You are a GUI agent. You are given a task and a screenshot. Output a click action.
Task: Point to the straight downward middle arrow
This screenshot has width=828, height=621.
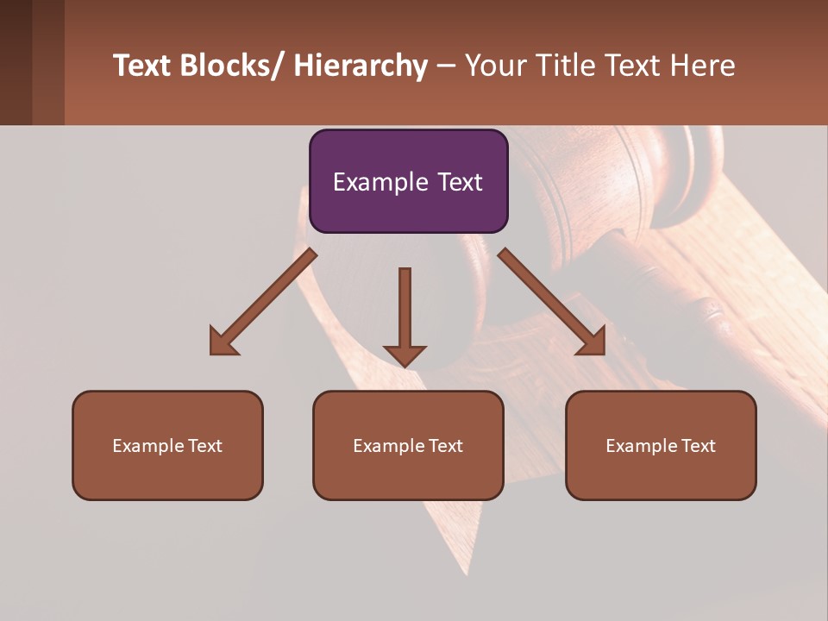point(405,315)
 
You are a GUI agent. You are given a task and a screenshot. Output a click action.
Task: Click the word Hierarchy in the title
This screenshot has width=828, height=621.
point(361,66)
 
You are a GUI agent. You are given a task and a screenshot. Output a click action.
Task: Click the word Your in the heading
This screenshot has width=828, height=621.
point(495,66)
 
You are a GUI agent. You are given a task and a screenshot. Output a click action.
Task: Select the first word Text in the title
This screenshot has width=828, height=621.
point(141,66)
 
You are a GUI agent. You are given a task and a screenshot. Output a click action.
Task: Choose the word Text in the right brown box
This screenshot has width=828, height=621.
point(697,446)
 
